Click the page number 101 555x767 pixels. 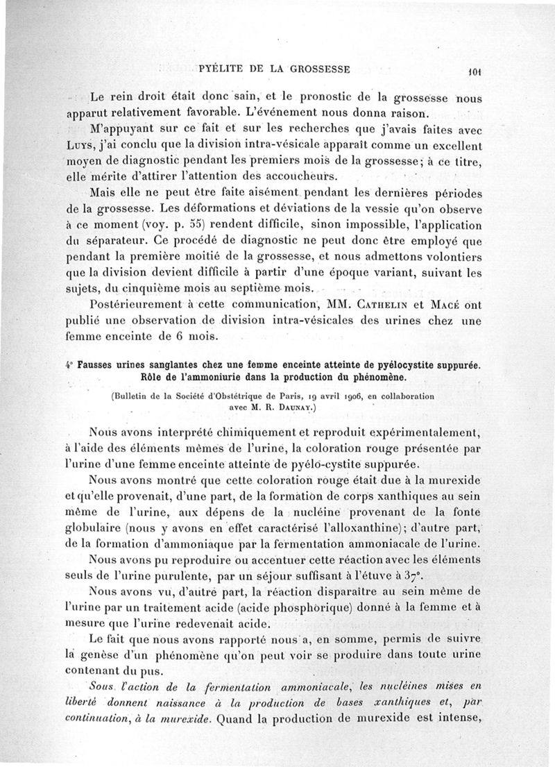click(x=475, y=70)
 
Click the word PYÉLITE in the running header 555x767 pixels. click(x=221, y=68)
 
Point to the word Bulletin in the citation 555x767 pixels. click(x=135, y=396)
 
